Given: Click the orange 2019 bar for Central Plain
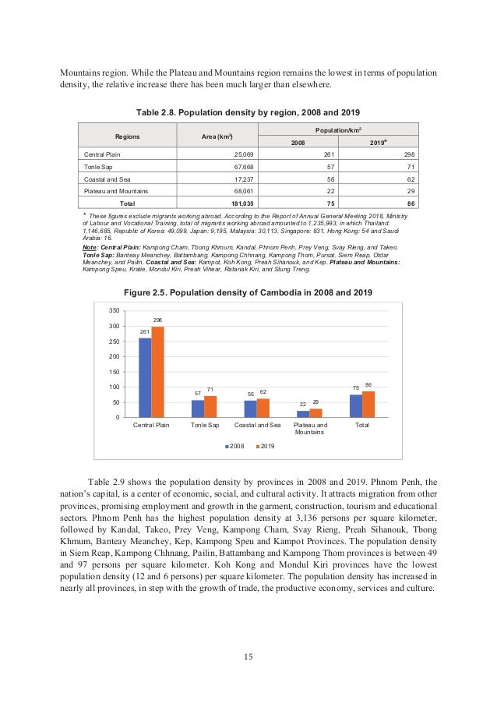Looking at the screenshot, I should click(x=157, y=372).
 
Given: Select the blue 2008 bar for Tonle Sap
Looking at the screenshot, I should click(x=198, y=409).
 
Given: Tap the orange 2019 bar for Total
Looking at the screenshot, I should click(x=368, y=404).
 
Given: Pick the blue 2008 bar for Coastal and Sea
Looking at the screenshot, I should click(x=250, y=409).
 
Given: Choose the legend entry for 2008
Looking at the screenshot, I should click(x=235, y=445).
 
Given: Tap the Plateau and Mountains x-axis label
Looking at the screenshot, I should click(x=309, y=428).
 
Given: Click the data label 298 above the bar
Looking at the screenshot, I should click(x=157, y=320).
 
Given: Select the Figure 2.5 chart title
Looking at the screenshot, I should click(x=248, y=292).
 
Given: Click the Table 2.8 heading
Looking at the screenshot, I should click(x=248, y=112).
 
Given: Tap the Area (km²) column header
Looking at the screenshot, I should click(x=217, y=136).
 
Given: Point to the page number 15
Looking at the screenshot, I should click(x=248, y=656).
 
